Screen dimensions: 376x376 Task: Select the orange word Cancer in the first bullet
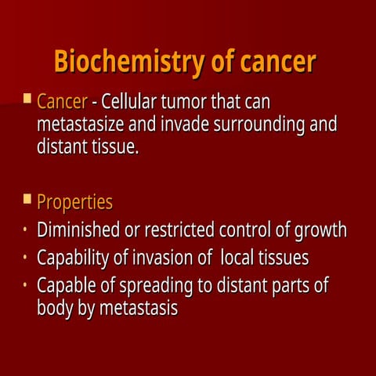(x=62, y=103)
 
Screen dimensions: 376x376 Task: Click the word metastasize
(x=86, y=125)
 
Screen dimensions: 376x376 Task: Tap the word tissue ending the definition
(x=115, y=146)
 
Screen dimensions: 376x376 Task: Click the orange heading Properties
(x=74, y=202)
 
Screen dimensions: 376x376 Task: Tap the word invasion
(x=172, y=258)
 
